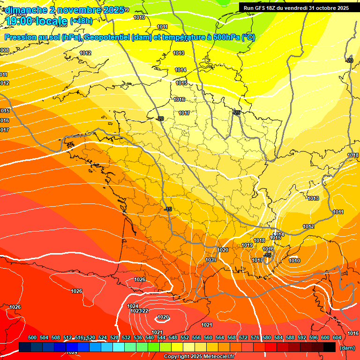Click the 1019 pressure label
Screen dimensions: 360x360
coord(247,245)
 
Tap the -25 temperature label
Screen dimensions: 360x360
coord(237,112)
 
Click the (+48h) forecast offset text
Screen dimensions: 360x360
coord(81,21)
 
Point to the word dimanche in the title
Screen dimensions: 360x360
coord(23,9)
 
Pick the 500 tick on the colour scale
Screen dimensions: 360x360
coord(32,337)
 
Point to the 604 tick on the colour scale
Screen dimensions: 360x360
coord(337,337)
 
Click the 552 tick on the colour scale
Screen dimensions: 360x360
coord(185,337)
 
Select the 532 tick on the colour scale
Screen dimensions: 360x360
coord(126,337)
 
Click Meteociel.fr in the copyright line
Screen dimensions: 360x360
coord(220,357)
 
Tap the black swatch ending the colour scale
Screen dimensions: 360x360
coord(330,347)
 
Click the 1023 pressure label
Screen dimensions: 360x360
coord(135,311)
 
